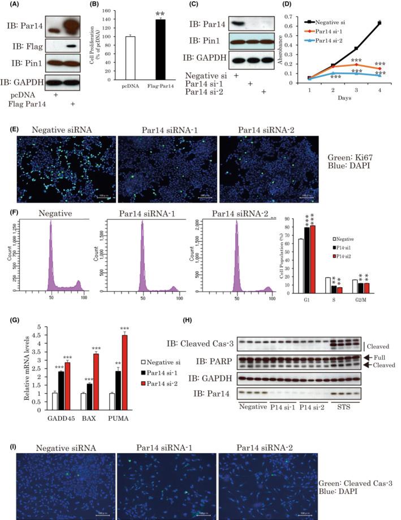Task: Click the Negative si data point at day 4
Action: coord(379,23)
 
